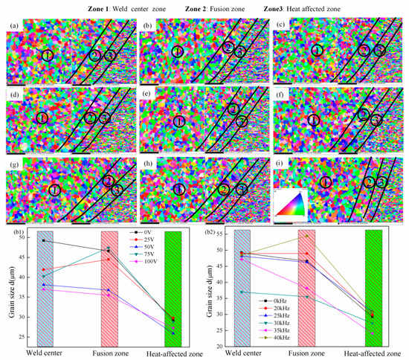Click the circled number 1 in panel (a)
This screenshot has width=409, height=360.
click(48, 56)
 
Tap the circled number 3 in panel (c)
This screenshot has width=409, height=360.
click(379, 50)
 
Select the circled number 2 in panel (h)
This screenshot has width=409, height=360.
click(224, 190)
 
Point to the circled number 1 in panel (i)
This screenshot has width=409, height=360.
click(325, 181)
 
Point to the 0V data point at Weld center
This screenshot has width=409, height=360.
click(43, 240)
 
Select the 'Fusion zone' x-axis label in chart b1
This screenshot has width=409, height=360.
click(114, 353)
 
